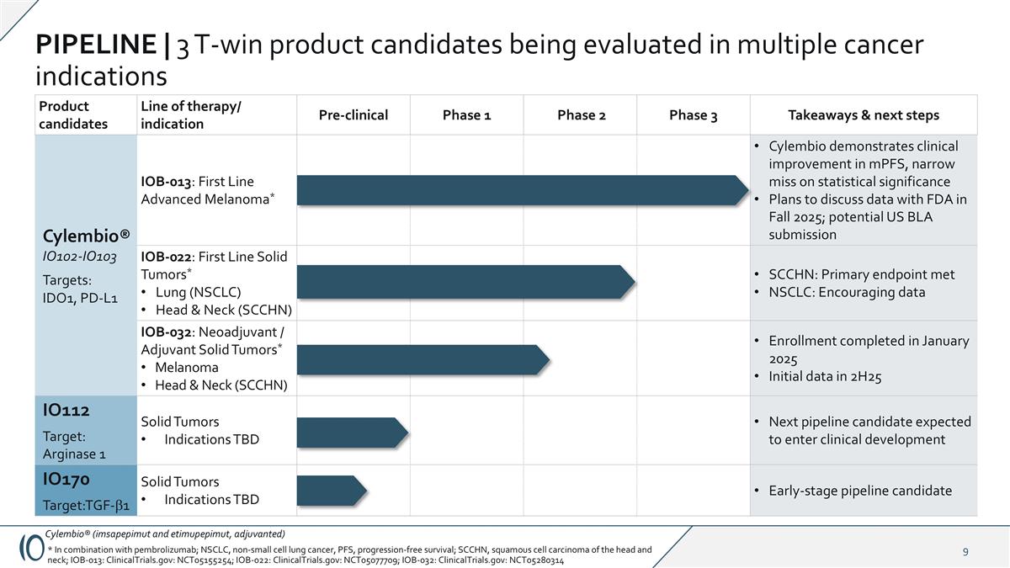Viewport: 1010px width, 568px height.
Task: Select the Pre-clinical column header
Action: pyautogui.click(x=353, y=115)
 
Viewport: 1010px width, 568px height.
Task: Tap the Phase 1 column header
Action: pyautogui.click(x=466, y=115)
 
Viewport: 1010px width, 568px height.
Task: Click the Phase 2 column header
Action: pyautogui.click(x=581, y=115)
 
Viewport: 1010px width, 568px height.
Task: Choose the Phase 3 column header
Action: pyautogui.click(x=693, y=115)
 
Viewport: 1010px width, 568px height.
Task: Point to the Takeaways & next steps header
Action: pyautogui.click(x=863, y=115)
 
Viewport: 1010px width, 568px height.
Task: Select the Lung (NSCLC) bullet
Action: pyautogui.click(x=198, y=292)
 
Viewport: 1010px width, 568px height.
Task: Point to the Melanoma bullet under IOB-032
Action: pyautogui.click(x=186, y=368)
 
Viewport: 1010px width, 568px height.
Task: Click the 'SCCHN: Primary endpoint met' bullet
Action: pyautogui.click(x=861, y=274)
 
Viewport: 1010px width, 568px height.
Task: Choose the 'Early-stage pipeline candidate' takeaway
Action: pyautogui.click(x=859, y=491)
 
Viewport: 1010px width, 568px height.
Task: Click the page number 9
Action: pyautogui.click(x=965, y=552)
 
